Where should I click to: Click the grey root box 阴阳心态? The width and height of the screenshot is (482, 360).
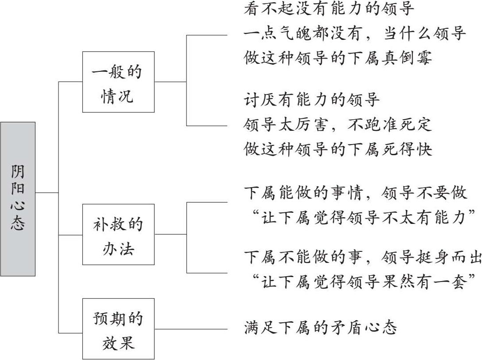[18, 199]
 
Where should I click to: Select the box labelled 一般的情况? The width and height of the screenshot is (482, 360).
[118, 82]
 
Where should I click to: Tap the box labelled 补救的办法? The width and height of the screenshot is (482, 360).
[118, 234]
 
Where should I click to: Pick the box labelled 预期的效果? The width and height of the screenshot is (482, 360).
[118, 329]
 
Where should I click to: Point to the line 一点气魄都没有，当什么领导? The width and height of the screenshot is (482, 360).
[355, 34]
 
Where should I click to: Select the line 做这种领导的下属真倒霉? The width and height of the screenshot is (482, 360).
[338, 58]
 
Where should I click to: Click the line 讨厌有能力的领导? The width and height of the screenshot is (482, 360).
[312, 100]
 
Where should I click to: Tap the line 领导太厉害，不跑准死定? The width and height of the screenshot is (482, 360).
[338, 125]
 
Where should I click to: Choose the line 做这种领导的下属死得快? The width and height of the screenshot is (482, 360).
[338, 149]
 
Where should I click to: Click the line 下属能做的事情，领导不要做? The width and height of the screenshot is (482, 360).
[355, 193]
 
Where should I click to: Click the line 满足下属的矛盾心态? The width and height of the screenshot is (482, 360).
[320, 329]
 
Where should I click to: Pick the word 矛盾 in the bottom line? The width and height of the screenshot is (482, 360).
[346, 329]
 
